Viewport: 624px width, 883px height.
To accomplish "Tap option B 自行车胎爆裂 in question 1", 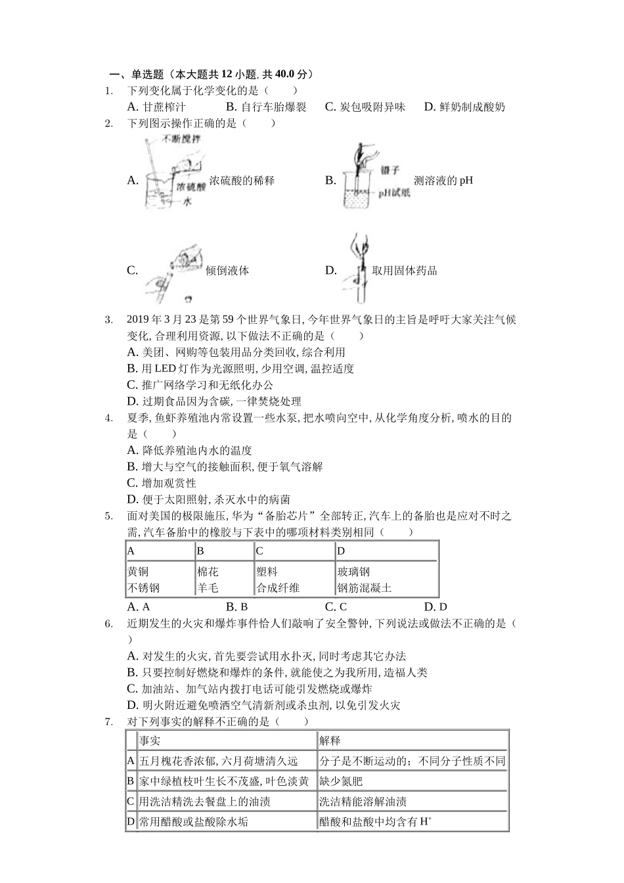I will click(x=265, y=106).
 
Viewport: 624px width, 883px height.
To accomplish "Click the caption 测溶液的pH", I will click(x=443, y=180).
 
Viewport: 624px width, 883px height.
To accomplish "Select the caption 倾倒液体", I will click(x=227, y=270).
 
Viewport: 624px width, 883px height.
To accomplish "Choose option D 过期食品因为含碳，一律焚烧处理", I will click(x=213, y=401).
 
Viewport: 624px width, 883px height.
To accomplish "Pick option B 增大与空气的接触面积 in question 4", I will click(x=224, y=466).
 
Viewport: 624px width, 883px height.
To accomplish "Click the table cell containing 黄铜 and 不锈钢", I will click(x=160, y=579).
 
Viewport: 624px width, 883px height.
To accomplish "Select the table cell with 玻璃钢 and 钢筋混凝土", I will click(x=386, y=579).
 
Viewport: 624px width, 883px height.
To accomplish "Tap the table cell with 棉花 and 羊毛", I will click(x=223, y=579).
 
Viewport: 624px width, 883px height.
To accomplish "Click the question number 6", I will click(x=109, y=623).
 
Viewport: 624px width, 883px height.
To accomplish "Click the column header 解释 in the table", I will click(x=330, y=740).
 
